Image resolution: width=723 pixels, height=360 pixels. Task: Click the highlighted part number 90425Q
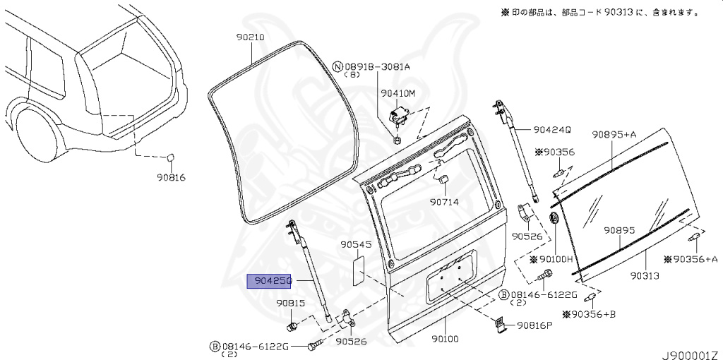(268, 280)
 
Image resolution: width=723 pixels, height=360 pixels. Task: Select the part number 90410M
(398, 92)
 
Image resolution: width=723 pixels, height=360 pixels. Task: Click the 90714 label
(444, 201)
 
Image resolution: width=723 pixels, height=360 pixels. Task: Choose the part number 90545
(355, 245)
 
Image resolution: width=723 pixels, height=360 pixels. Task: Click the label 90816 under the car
(171, 177)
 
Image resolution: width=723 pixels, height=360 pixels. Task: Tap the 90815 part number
(290, 303)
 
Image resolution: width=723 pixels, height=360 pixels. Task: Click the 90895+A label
(614, 134)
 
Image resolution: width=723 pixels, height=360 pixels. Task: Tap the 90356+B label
(589, 313)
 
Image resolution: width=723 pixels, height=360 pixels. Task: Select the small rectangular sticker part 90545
(358, 269)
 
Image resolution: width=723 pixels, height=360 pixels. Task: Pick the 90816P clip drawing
(498, 324)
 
